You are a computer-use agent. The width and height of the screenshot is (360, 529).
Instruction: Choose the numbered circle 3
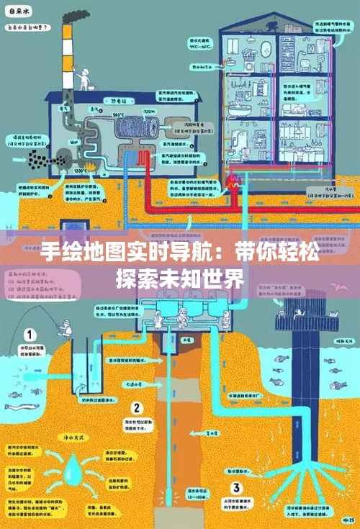[x=235, y=469]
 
